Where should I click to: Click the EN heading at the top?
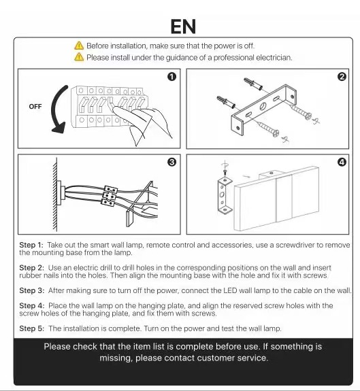pyautogui.click(x=183, y=27)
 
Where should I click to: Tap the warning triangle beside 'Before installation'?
pyautogui.click(x=79, y=46)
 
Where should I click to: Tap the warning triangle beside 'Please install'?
pyautogui.click(x=79, y=57)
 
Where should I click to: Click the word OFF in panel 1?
pyautogui.click(x=35, y=107)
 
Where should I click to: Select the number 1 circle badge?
pyautogui.click(x=171, y=77)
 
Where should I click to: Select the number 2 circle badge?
pyautogui.click(x=342, y=77)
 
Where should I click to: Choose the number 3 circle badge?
pyautogui.click(x=171, y=162)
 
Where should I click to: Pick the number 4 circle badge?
pyautogui.click(x=342, y=162)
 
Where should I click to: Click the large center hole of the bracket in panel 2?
pyautogui.click(x=263, y=107)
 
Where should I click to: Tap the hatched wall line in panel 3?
pyautogui.click(x=55, y=194)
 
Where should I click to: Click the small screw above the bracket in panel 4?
pyautogui.click(x=225, y=172)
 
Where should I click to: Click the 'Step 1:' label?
pyautogui.click(x=31, y=245)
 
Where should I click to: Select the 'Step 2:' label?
pyautogui.click(x=32, y=267)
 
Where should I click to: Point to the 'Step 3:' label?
pyautogui.click(x=32, y=290)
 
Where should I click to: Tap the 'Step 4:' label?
pyautogui.click(x=32, y=306)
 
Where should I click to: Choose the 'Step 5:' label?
pyautogui.click(x=32, y=328)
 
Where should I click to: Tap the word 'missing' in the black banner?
pyautogui.click(x=116, y=358)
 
